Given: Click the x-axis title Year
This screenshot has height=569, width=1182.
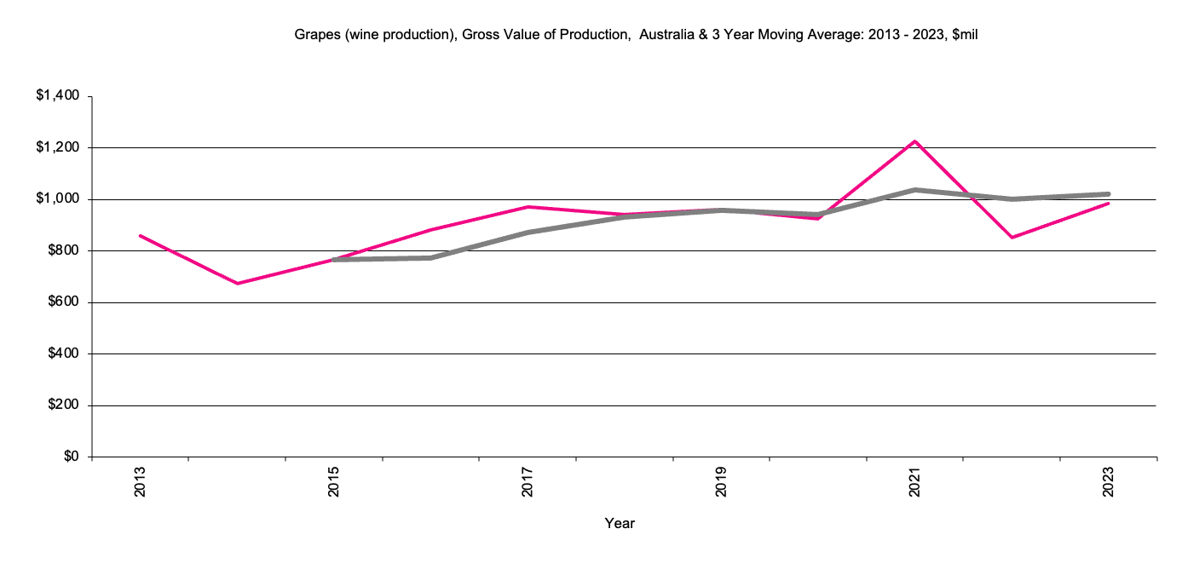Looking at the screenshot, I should pyautogui.click(x=620, y=523).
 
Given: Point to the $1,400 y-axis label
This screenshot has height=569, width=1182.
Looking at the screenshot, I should pyautogui.click(x=58, y=96).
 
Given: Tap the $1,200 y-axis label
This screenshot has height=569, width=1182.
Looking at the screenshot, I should pyautogui.click(x=58, y=148).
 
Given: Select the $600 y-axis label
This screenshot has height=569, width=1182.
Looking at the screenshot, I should pyautogui.click(x=62, y=302).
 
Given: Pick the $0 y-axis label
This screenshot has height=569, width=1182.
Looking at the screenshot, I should pyautogui.click(x=71, y=457).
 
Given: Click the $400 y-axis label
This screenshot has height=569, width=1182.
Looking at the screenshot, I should pyautogui.click(x=62, y=354).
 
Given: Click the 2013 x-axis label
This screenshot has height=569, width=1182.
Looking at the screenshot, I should pyautogui.click(x=141, y=482).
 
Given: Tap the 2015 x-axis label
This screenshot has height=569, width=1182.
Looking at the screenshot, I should pyautogui.click(x=334, y=482).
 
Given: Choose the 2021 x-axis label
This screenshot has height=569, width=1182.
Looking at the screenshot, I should pyautogui.click(x=915, y=482).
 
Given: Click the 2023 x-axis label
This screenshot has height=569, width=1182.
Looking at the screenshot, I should pyautogui.click(x=1109, y=482).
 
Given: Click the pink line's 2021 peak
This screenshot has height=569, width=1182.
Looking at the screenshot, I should pyautogui.click(x=915, y=141).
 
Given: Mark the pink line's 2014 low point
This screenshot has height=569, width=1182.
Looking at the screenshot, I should pyautogui.click(x=237, y=284).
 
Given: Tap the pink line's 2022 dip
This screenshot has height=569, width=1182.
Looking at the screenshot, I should pyautogui.click(x=1012, y=237).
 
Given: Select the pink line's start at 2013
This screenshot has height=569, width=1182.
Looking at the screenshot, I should pyautogui.click(x=141, y=236).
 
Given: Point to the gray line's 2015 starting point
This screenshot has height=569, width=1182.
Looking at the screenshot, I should pyautogui.click(x=334, y=259).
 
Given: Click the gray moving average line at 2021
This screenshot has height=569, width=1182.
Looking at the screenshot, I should pyautogui.click(x=915, y=190).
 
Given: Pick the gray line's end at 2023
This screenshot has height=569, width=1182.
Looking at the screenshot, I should pyautogui.click(x=1108, y=194).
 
